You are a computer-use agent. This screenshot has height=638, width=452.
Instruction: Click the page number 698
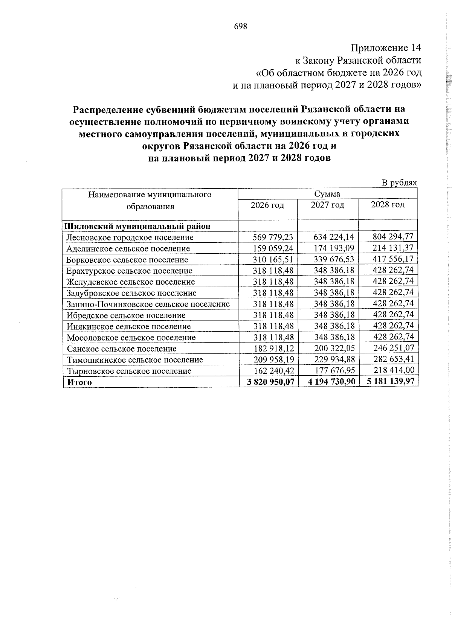[x=240, y=26]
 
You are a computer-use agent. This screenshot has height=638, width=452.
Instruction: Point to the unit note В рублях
[x=399, y=183]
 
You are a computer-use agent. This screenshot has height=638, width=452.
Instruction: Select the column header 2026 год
[x=267, y=205]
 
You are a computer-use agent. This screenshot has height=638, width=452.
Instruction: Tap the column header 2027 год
[x=327, y=205]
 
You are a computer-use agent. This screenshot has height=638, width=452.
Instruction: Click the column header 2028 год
[x=388, y=205]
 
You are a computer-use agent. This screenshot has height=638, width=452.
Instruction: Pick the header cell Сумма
[x=327, y=194]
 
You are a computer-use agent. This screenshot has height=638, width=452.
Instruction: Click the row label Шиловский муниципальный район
[x=137, y=226]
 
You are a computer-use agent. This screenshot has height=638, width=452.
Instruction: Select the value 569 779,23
[x=274, y=237]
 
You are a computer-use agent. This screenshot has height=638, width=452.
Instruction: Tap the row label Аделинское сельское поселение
[x=128, y=249]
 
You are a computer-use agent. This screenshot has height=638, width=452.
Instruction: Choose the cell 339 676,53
[x=334, y=259]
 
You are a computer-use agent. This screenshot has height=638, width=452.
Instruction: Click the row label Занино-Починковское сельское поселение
[x=148, y=304]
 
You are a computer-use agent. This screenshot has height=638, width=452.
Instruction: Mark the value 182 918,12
[x=274, y=349]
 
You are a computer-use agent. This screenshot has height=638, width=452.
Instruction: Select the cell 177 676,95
[x=334, y=371]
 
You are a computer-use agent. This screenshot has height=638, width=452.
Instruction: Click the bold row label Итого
[x=79, y=382]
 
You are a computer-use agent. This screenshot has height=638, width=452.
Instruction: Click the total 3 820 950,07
[x=270, y=382]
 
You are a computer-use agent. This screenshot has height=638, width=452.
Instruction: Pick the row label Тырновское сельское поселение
[x=129, y=371]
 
